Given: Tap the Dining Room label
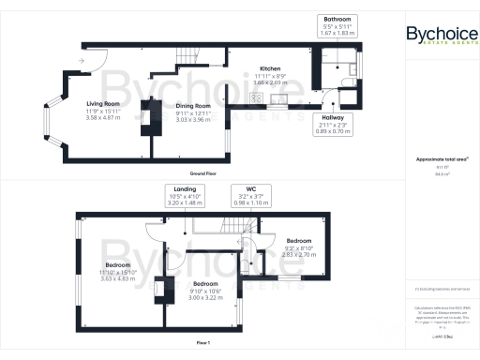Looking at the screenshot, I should pyautogui.click(x=195, y=107).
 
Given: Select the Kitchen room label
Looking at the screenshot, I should pyautogui.click(x=271, y=68).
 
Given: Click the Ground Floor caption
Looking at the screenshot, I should pyautogui.click(x=204, y=173).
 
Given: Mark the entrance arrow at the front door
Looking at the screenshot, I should pyautogui.click(x=82, y=62).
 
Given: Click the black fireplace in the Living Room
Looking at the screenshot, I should pyautogui.click(x=144, y=116).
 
